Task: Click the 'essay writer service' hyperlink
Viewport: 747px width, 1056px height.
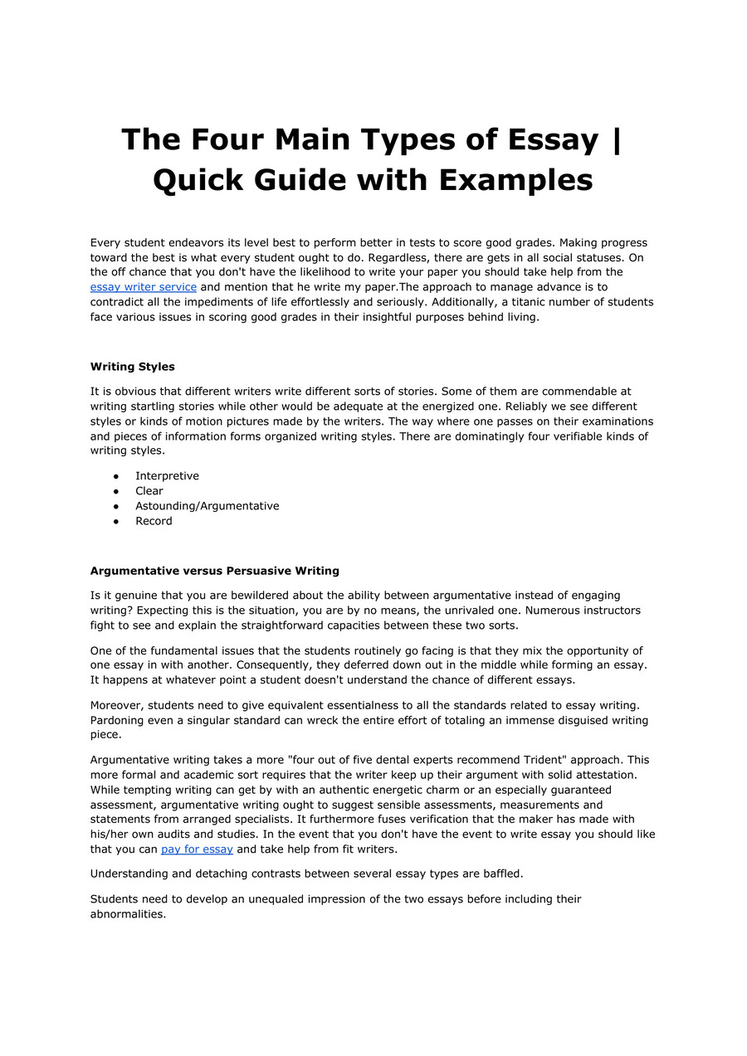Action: tap(144, 287)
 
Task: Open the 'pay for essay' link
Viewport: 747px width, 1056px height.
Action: tap(197, 849)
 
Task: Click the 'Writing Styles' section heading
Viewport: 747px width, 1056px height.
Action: tap(133, 367)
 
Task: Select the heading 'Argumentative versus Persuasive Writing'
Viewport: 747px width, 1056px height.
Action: tap(215, 571)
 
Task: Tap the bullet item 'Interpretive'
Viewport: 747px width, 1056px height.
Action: tap(167, 476)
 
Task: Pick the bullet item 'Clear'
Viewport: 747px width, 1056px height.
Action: tap(149, 491)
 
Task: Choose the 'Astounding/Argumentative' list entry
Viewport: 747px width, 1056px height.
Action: tap(207, 506)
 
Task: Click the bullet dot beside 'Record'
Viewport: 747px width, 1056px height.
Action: tap(115, 521)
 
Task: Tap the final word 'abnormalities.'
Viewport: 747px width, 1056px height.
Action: tap(129, 914)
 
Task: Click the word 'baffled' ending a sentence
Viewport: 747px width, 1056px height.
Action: tap(500, 874)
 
